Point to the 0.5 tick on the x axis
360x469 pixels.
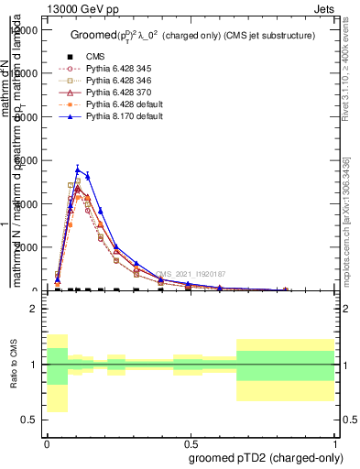tap(191, 442)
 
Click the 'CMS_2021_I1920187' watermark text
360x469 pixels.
tap(190, 274)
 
